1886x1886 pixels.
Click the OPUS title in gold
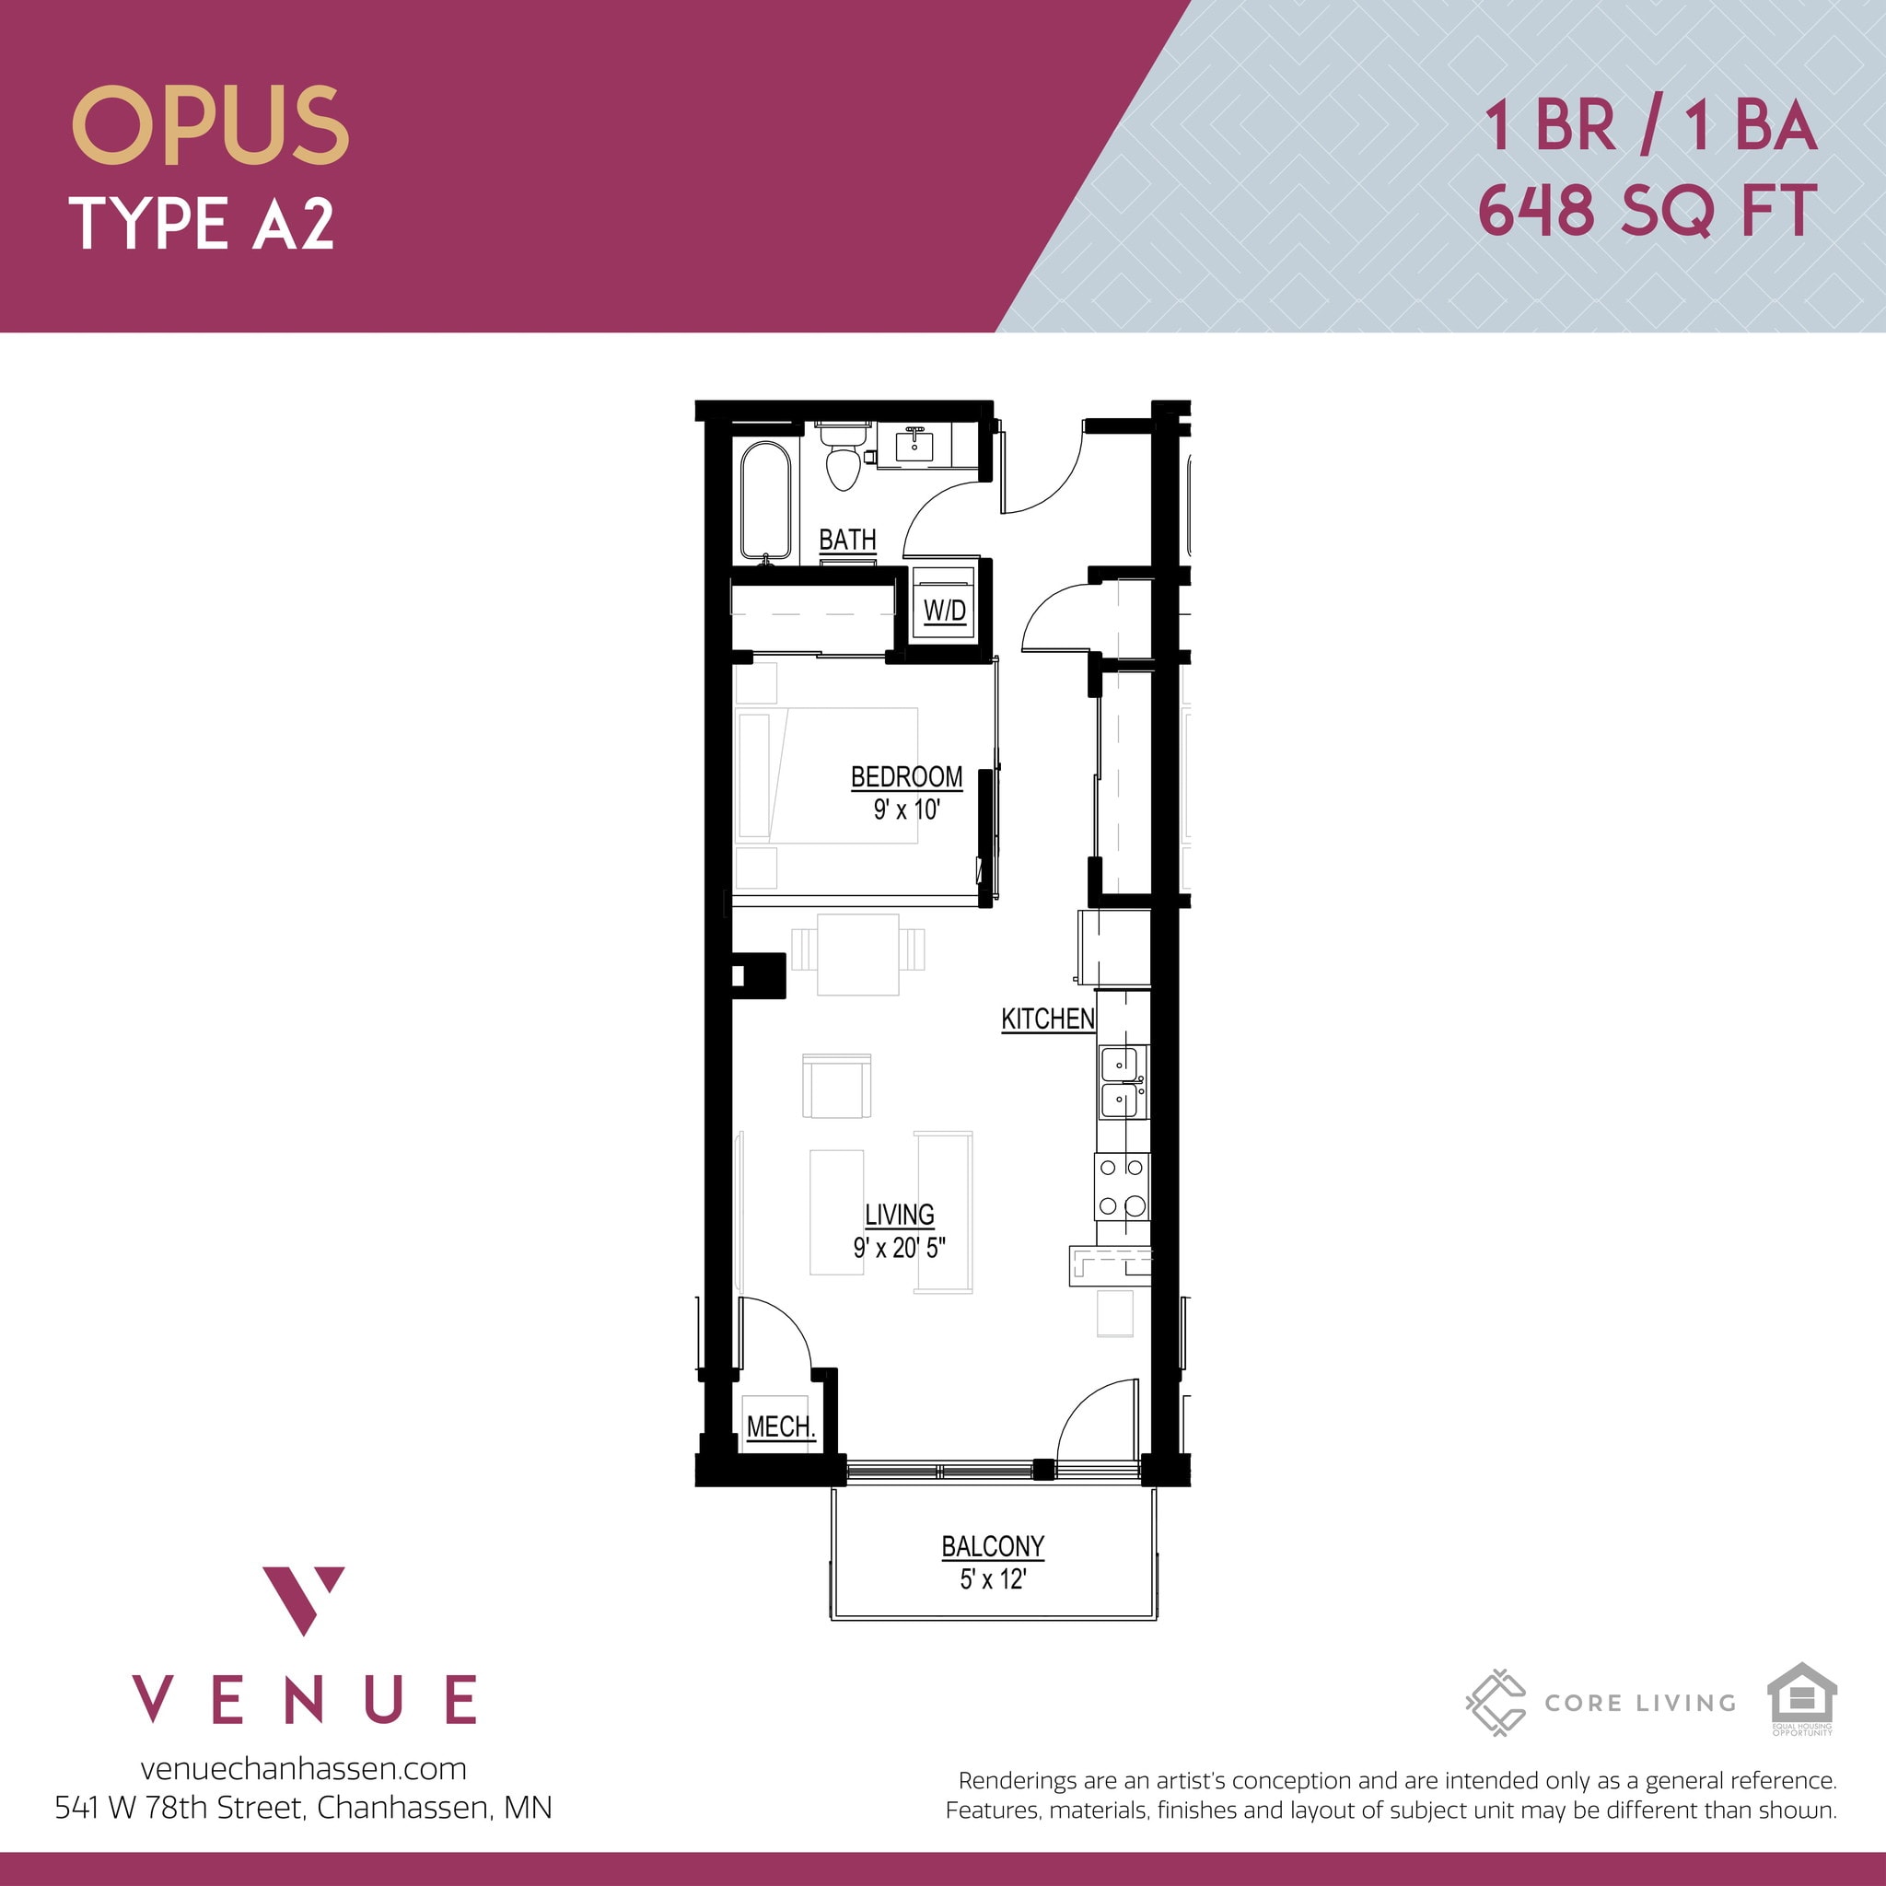coord(210,126)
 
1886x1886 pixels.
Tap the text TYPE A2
coord(202,224)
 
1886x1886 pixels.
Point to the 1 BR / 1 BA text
coord(1649,127)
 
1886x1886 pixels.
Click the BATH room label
coord(846,540)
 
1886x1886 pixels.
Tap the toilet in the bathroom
coord(843,460)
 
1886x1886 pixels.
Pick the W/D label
coord(944,611)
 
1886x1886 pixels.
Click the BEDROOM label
coord(906,777)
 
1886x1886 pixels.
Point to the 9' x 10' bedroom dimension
coord(906,809)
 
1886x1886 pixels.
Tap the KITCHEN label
coord(1047,1019)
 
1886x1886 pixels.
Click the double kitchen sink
coord(1123,1083)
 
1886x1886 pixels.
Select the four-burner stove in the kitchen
coord(1122,1186)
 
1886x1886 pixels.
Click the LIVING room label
coord(899,1215)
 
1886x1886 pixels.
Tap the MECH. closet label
coord(780,1427)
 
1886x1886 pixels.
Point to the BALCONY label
coord(993,1546)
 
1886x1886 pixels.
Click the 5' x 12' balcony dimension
coord(993,1579)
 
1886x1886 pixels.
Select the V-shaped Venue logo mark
coord(304,1601)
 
